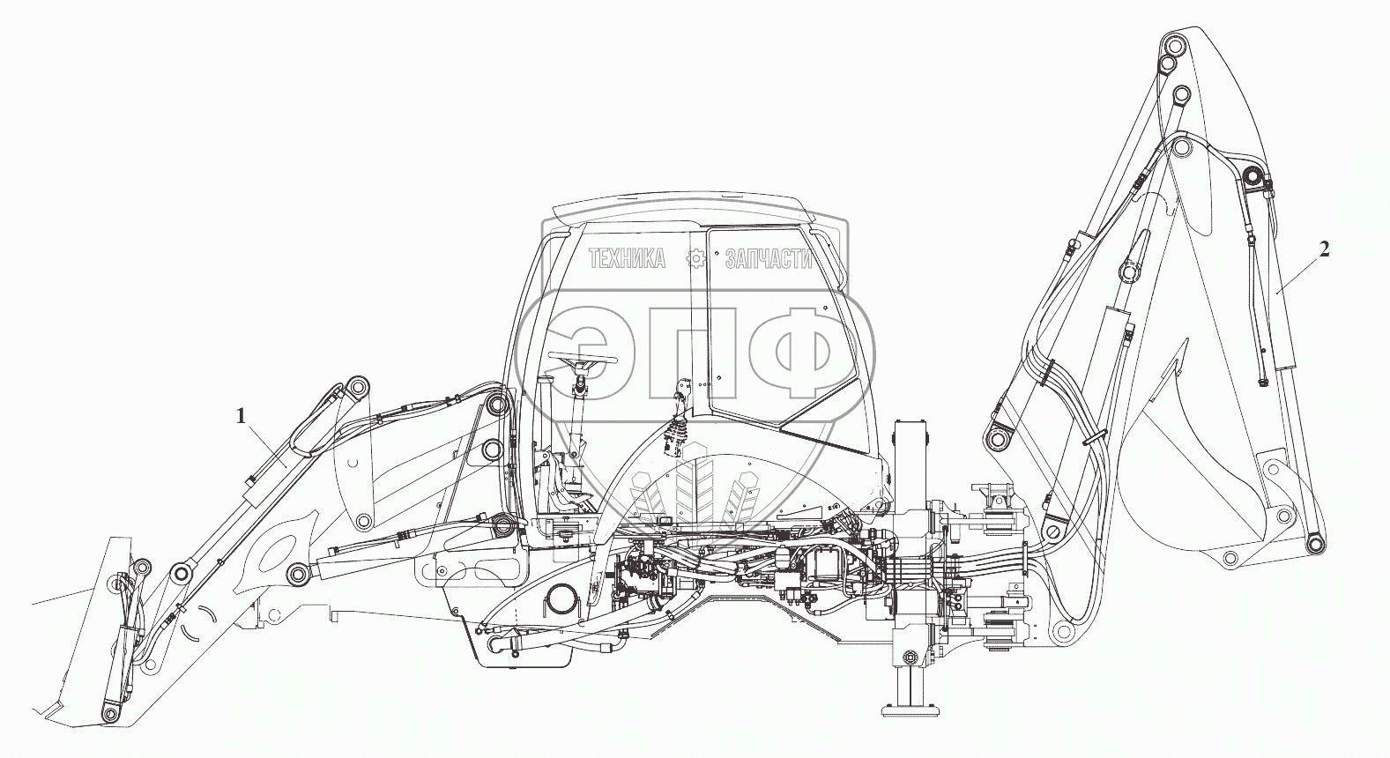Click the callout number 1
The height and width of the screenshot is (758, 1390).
pyautogui.click(x=240, y=416)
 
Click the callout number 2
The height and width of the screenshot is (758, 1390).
pyautogui.click(x=1323, y=249)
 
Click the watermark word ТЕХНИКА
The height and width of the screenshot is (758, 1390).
pyautogui.click(x=627, y=259)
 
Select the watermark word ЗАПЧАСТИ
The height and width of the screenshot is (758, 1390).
pyautogui.click(x=767, y=259)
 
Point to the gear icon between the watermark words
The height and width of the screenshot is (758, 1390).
pyautogui.click(x=696, y=259)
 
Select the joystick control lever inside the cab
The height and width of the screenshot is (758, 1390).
pyautogui.click(x=678, y=432)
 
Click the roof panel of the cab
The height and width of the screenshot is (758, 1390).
pyautogui.click(x=679, y=212)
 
